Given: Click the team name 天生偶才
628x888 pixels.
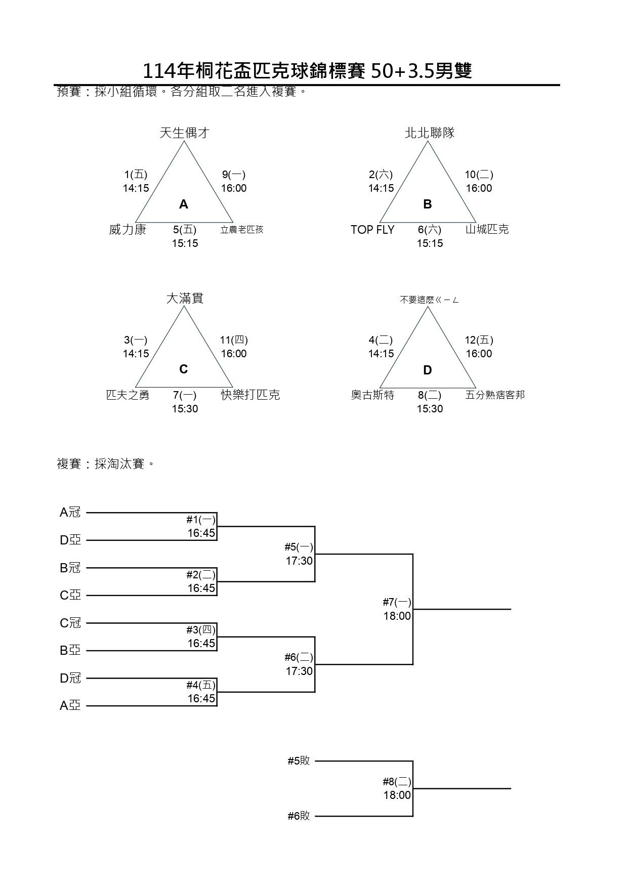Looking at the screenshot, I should pos(184,133).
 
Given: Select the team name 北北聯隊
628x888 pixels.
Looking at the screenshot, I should pos(430,133).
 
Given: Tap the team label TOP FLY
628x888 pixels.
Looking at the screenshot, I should pos(372,230).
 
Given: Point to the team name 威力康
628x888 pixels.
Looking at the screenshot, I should pos(128,230).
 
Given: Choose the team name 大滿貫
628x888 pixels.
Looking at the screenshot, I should pos(185,299).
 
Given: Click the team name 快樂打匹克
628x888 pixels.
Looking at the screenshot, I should pos(250,395).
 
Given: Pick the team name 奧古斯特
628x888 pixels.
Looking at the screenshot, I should pos(372,395).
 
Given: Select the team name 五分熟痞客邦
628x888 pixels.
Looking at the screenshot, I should pos(495,395).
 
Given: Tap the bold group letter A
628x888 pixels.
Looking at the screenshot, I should pos(184,204).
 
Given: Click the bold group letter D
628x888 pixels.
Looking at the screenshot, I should pos(428,370).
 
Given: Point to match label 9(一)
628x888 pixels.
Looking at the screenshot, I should pos(233,175).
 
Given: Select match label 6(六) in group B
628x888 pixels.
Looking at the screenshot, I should pos(430,230).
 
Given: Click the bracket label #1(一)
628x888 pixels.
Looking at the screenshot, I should pos(201,520).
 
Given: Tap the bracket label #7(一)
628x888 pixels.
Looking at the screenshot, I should pos(397,602).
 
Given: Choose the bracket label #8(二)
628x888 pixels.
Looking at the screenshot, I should pos(397,782).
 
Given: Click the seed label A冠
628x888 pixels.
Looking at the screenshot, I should pos(70,513).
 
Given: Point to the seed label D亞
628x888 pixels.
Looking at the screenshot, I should pos(70,540).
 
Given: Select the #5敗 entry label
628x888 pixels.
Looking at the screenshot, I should pos(299,761).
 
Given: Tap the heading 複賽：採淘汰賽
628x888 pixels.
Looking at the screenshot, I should pos(105,464).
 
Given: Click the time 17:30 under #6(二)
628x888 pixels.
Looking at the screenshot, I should pos(299,671).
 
